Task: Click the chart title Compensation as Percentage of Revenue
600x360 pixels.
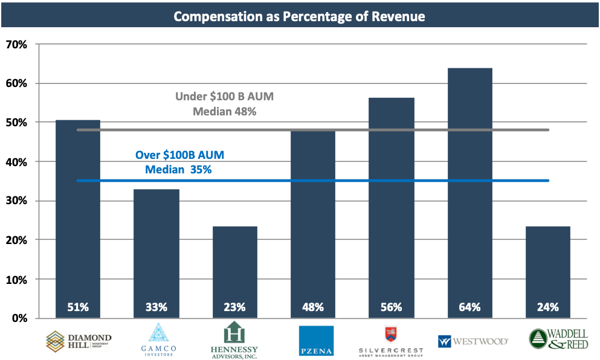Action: click(299, 16)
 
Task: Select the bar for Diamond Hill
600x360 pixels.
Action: click(77, 217)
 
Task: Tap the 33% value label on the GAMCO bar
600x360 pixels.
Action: click(156, 307)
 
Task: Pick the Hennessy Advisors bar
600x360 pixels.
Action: click(234, 272)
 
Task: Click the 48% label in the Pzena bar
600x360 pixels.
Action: click(313, 307)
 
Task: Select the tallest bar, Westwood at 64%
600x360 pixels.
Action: click(469, 193)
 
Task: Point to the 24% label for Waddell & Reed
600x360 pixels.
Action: click(548, 307)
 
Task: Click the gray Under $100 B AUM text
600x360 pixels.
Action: click(217, 97)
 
